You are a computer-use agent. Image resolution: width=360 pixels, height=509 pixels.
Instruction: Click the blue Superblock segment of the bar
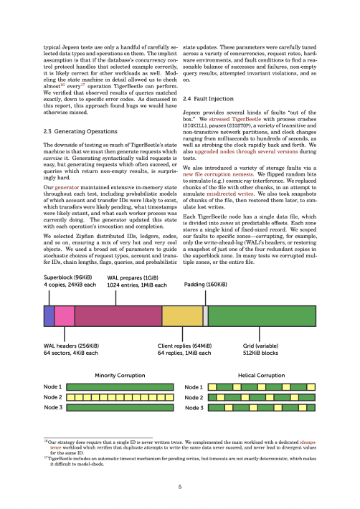pyautogui.click(x=49, y=316)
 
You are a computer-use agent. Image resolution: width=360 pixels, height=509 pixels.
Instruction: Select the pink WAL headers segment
pyautogui.click(x=65, y=316)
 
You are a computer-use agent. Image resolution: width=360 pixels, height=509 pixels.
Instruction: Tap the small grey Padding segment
pyautogui.click(x=206, y=316)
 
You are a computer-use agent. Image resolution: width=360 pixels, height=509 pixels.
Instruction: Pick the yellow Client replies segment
pyautogui.click(x=182, y=316)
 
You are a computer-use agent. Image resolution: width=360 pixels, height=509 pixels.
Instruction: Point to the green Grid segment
pyautogui.click(x=262, y=316)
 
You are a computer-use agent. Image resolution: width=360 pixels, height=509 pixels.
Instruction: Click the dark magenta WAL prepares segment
pyautogui.click(x=118, y=316)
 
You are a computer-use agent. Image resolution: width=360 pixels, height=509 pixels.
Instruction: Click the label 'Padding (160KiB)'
pyautogui.click(x=206, y=285)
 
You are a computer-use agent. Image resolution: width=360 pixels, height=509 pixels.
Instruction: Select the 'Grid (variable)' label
pyautogui.click(x=260, y=346)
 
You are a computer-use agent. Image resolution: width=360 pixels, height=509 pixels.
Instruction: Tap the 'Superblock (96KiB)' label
pyautogui.click(x=68, y=277)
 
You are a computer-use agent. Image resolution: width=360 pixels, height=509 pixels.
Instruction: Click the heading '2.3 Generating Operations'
pyautogui.click(x=80, y=131)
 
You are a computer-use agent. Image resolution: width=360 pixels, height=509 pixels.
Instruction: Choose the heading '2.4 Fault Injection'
pyautogui.click(x=208, y=99)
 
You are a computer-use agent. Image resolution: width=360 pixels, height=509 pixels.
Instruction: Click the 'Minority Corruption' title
pyautogui.click(x=120, y=375)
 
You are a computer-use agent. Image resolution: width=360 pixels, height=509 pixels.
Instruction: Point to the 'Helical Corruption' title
pyautogui.click(x=261, y=375)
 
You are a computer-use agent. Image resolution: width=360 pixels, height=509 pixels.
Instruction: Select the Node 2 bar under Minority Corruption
pyautogui.click(x=120, y=397)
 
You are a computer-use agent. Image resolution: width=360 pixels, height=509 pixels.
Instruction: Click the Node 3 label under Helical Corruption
pyautogui.click(x=194, y=408)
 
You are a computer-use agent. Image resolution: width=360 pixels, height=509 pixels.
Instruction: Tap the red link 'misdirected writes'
pyautogui.click(x=229, y=194)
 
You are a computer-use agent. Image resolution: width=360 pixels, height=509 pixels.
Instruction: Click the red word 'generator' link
pyautogui.click(x=67, y=187)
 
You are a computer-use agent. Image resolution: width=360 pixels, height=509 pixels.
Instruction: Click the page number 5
pyautogui.click(x=180, y=487)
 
